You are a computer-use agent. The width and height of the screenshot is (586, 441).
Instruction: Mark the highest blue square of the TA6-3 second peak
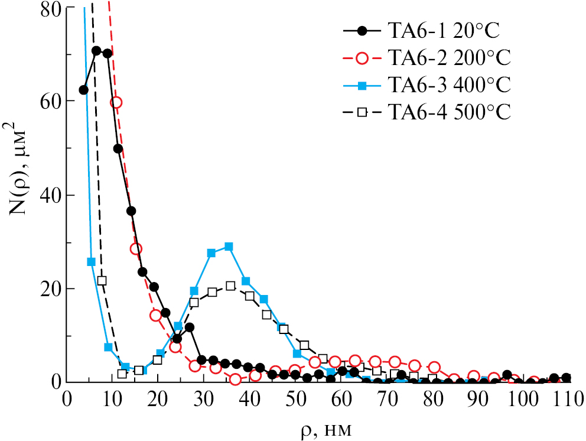point(229,246)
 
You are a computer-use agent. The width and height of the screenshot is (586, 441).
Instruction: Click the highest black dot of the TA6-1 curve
point(96,51)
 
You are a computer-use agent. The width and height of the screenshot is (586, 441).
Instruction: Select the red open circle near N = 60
point(116,102)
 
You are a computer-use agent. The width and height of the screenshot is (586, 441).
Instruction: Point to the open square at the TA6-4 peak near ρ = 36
point(230,286)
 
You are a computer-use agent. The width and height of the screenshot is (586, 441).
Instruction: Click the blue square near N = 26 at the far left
point(91,261)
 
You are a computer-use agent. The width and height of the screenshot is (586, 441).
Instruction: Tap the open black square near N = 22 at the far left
point(102,280)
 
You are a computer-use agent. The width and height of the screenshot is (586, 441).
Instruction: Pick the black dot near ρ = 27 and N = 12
point(189,327)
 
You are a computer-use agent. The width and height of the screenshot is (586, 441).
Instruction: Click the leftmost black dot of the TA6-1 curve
point(83,90)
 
